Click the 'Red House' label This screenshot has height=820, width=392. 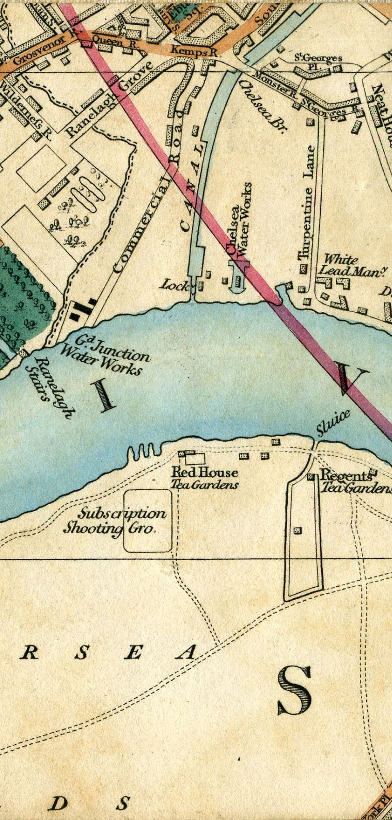point(205,472)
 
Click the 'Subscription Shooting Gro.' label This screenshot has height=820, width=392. point(115,521)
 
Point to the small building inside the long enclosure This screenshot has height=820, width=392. point(297,530)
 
